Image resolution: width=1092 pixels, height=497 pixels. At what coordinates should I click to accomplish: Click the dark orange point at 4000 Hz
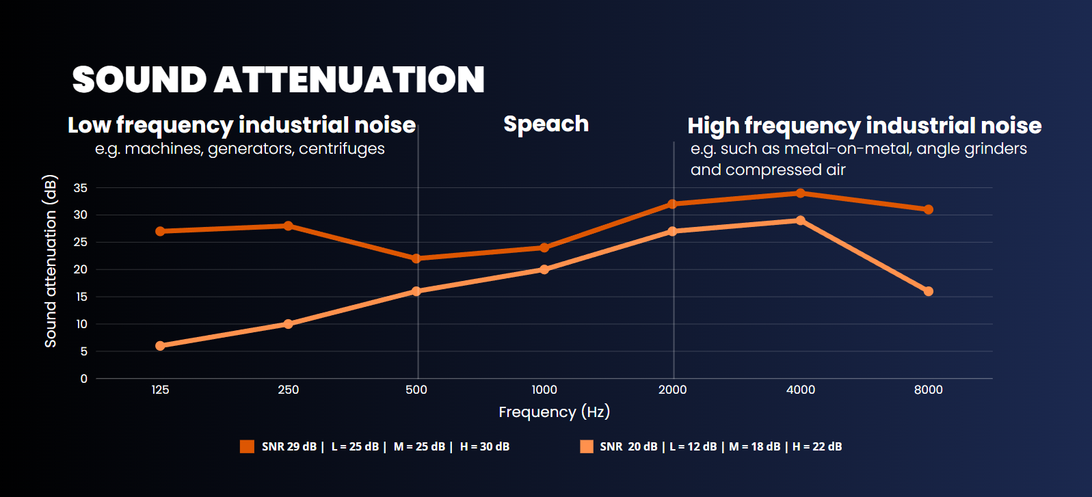point(800,193)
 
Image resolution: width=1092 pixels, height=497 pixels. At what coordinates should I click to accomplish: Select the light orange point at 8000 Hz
point(928,291)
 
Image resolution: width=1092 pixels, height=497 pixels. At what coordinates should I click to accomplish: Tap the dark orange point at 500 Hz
point(416,258)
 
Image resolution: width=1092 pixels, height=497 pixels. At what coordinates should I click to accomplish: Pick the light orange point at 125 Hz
point(160,346)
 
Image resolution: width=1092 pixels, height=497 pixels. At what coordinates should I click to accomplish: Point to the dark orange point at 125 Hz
point(160,231)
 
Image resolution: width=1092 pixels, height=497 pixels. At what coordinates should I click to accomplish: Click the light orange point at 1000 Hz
point(544,269)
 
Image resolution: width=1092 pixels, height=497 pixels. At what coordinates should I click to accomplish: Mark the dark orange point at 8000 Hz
point(928,209)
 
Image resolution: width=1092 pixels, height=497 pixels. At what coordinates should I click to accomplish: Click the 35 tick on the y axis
point(81,188)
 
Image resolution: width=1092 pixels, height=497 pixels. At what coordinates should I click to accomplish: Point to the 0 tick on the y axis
point(84,379)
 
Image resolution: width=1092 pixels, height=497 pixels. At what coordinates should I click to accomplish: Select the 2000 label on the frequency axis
point(672,390)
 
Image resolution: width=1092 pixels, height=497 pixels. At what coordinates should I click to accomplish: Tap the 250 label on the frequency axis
point(288,390)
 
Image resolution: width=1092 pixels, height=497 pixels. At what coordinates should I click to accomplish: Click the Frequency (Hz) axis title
point(554,412)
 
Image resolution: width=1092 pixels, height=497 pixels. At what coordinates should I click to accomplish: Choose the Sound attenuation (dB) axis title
point(51,262)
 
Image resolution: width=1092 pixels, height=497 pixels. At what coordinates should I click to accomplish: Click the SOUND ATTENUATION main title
point(278,79)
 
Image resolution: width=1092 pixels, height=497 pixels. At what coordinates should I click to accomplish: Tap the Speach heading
point(546,124)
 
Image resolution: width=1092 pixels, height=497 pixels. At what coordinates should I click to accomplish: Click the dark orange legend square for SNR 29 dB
point(247,446)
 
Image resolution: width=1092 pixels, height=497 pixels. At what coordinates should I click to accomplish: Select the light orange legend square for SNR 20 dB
point(586,446)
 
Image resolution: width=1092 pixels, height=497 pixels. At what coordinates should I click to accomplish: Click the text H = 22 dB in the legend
point(817,446)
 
